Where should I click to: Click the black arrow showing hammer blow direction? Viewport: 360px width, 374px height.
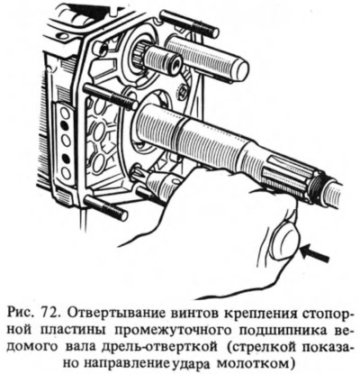click(314, 253)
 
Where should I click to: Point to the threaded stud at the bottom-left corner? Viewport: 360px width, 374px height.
click(106, 208)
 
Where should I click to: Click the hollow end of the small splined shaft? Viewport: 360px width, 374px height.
click(175, 63)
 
